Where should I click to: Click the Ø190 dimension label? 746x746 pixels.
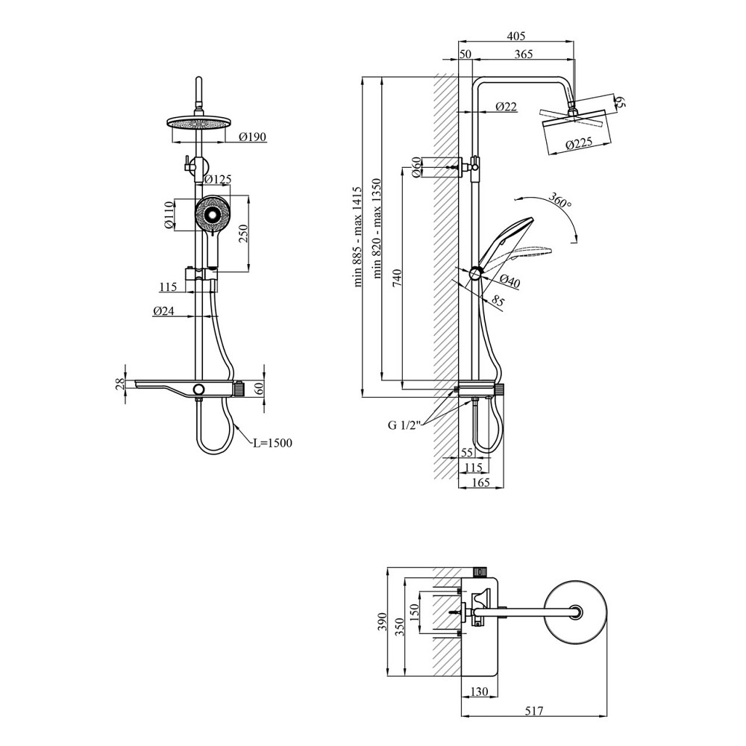[253, 137]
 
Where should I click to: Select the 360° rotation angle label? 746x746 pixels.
[559, 202]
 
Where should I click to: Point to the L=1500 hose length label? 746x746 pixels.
[272, 442]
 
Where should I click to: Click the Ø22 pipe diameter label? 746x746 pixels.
[507, 107]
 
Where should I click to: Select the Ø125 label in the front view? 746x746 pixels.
[218, 179]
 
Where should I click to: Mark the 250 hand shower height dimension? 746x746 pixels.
[242, 234]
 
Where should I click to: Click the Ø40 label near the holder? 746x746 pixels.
[510, 280]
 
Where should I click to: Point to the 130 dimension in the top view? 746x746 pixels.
[479, 692]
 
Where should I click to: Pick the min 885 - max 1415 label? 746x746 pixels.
[357, 237]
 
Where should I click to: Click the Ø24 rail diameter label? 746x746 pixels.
[163, 312]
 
